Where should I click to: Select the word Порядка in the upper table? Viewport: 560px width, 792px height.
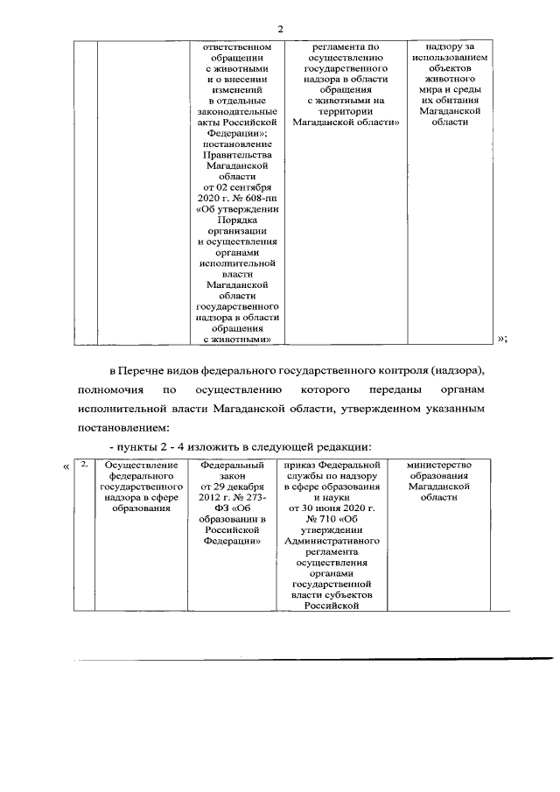[238, 221]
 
